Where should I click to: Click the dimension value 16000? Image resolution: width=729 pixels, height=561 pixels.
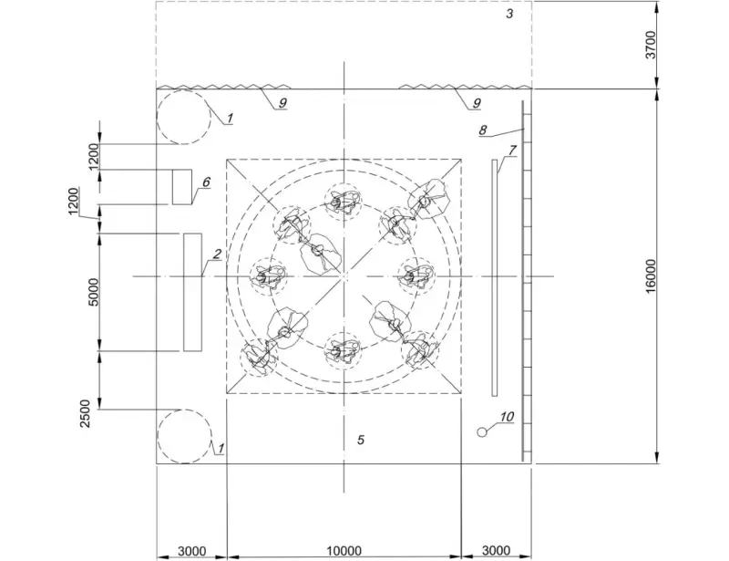coord(651,276)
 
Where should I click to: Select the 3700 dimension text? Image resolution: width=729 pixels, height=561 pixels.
coord(651,45)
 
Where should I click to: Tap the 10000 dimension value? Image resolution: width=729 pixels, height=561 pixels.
coord(344,551)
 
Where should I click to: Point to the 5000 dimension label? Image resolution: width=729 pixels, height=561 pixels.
coord(94,292)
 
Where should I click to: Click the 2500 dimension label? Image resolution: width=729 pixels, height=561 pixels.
coord(85,414)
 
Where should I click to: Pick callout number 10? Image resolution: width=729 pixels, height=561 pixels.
coord(507,416)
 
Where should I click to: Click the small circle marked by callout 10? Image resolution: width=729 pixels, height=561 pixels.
coord(482,432)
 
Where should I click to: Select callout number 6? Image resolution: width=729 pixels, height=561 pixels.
coord(206,182)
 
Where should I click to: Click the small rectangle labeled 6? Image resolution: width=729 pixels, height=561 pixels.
coord(182,187)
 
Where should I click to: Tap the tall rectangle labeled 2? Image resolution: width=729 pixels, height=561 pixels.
coord(192,292)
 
